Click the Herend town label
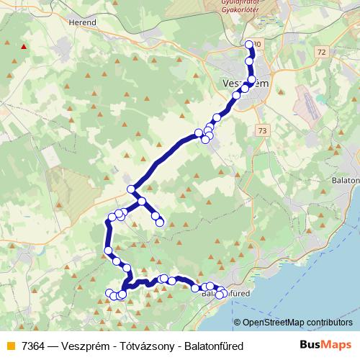click(82, 22)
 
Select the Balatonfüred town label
click(225, 294)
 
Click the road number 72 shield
click(321, 53)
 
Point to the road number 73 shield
click(261, 130)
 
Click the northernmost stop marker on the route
click(249, 45)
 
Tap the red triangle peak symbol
click(25, 48)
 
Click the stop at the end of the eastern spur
click(160, 222)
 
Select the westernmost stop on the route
click(109, 251)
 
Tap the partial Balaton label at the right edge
click(348, 180)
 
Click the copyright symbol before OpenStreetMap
click(237, 323)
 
